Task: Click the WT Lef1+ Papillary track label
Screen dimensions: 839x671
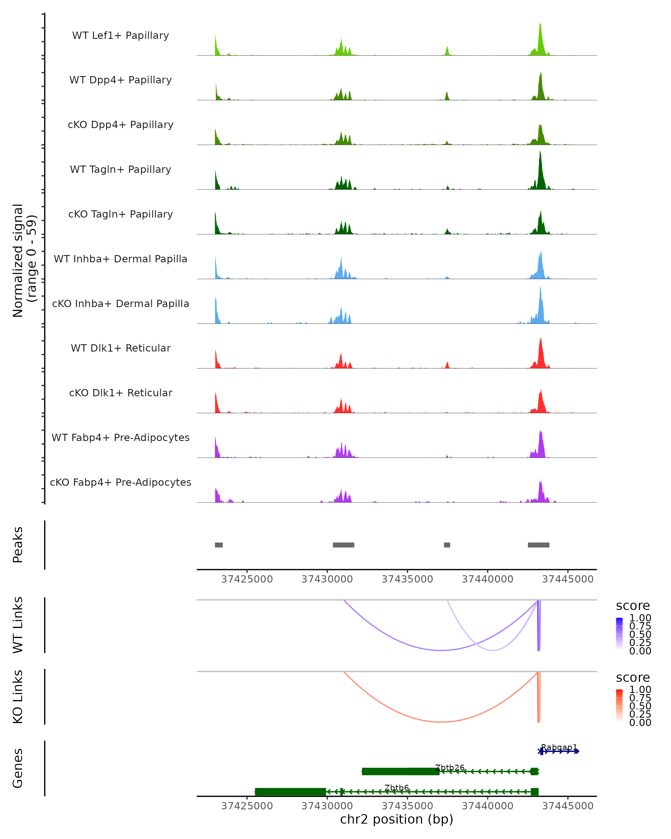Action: tap(121, 36)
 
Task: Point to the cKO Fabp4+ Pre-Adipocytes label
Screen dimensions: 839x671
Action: tap(121, 482)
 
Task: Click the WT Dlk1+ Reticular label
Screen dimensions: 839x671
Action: tap(121, 348)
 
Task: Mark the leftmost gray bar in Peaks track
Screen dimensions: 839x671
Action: tap(219, 545)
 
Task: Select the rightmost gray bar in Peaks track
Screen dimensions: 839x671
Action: tap(538, 545)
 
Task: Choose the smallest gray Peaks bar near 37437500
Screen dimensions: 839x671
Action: tap(447, 545)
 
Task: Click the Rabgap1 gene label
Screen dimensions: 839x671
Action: tap(559, 747)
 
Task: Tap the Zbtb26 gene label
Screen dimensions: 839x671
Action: tap(450, 767)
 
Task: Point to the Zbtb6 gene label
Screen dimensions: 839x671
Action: tap(397, 788)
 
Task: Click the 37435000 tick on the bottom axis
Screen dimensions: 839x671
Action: tap(407, 805)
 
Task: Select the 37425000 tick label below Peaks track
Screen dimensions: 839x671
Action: tap(247, 579)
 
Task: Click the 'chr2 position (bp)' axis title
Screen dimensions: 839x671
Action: tap(396, 819)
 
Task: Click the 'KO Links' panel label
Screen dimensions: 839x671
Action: tap(18, 697)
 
